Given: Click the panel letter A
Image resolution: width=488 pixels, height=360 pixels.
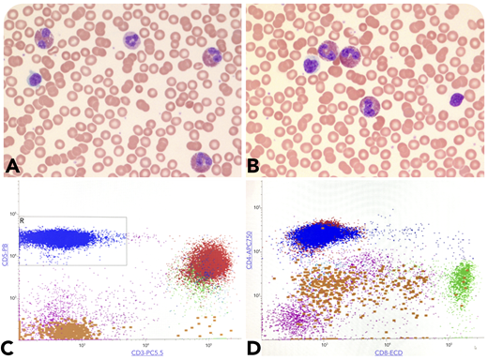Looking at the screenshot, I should point(13,167).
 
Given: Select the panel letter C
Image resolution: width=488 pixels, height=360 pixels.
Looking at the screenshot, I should point(12,348).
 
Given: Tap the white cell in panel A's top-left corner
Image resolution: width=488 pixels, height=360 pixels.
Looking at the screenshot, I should point(44,37).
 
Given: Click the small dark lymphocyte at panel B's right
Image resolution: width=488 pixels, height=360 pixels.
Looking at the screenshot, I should point(457,98).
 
